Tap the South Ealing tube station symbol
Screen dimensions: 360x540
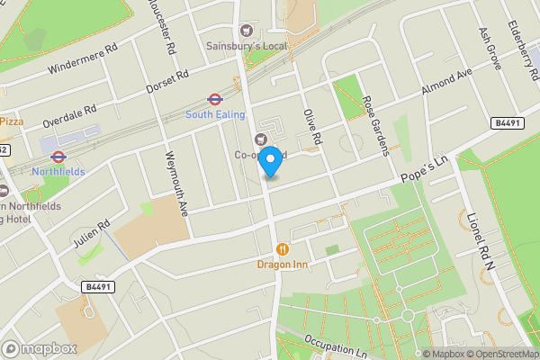click(x=214, y=99)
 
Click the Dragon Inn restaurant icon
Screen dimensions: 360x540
click(x=283, y=248)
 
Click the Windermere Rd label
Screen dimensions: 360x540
click(x=84, y=59)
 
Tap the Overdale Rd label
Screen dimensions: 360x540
click(x=68, y=114)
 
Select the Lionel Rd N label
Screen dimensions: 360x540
click(x=481, y=240)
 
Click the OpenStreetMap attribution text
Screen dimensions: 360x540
click(x=499, y=354)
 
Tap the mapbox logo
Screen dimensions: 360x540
click(x=39, y=348)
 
